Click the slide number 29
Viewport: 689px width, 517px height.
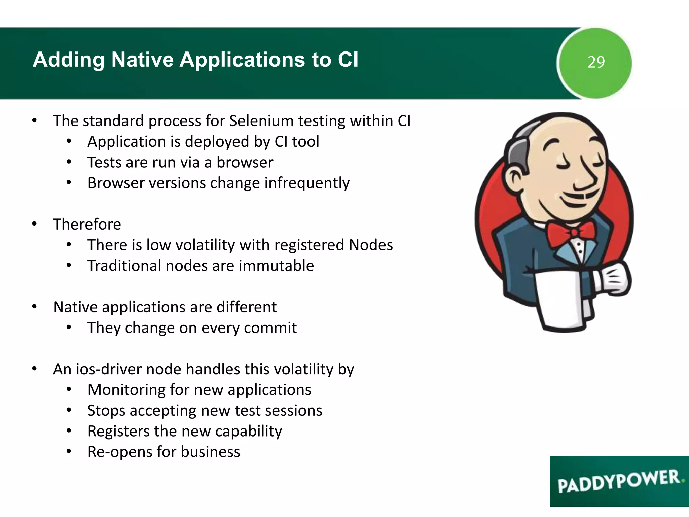tap(596, 62)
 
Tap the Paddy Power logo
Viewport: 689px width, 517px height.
tap(619, 481)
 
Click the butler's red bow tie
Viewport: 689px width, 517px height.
tap(571, 232)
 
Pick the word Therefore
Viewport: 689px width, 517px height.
tap(87, 224)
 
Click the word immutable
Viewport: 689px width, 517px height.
tap(276, 266)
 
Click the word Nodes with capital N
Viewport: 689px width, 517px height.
tap(371, 245)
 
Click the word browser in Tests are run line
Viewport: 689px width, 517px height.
tap(245, 162)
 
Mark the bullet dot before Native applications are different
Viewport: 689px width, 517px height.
tap(34, 307)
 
